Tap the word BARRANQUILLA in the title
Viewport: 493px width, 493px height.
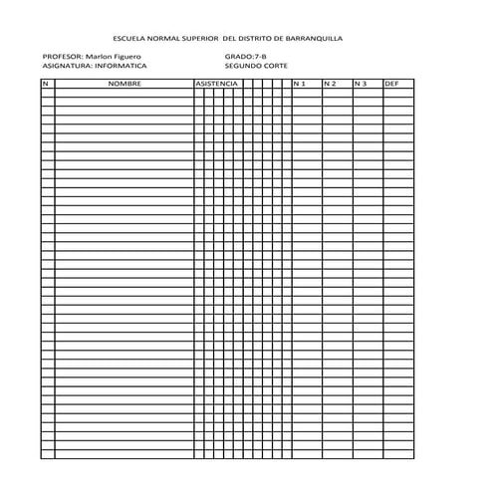pyautogui.click(x=314, y=38)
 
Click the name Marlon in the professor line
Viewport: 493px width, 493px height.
pyautogui.click(x=101, y=58)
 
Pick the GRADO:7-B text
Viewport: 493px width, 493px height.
pyautogui.click(x=246, y=58)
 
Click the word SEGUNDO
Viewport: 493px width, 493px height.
pyautogui.click(x=243, y=67)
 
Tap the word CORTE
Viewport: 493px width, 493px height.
pyautogui.click(x=277, y=67)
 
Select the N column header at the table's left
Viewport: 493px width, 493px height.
pyautogui.click(x=45, y=84)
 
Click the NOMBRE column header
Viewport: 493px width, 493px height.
pyautogui.click(x=124, y=84)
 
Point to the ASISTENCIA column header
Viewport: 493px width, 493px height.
pyautogui.click(x=216, y=84)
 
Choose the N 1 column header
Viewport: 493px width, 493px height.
pyautogui.click(x=300, y=84)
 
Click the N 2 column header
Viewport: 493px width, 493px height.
pyautogui.click(x=330, y=84)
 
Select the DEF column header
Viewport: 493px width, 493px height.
pyautogui.click(x=391, y=84)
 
